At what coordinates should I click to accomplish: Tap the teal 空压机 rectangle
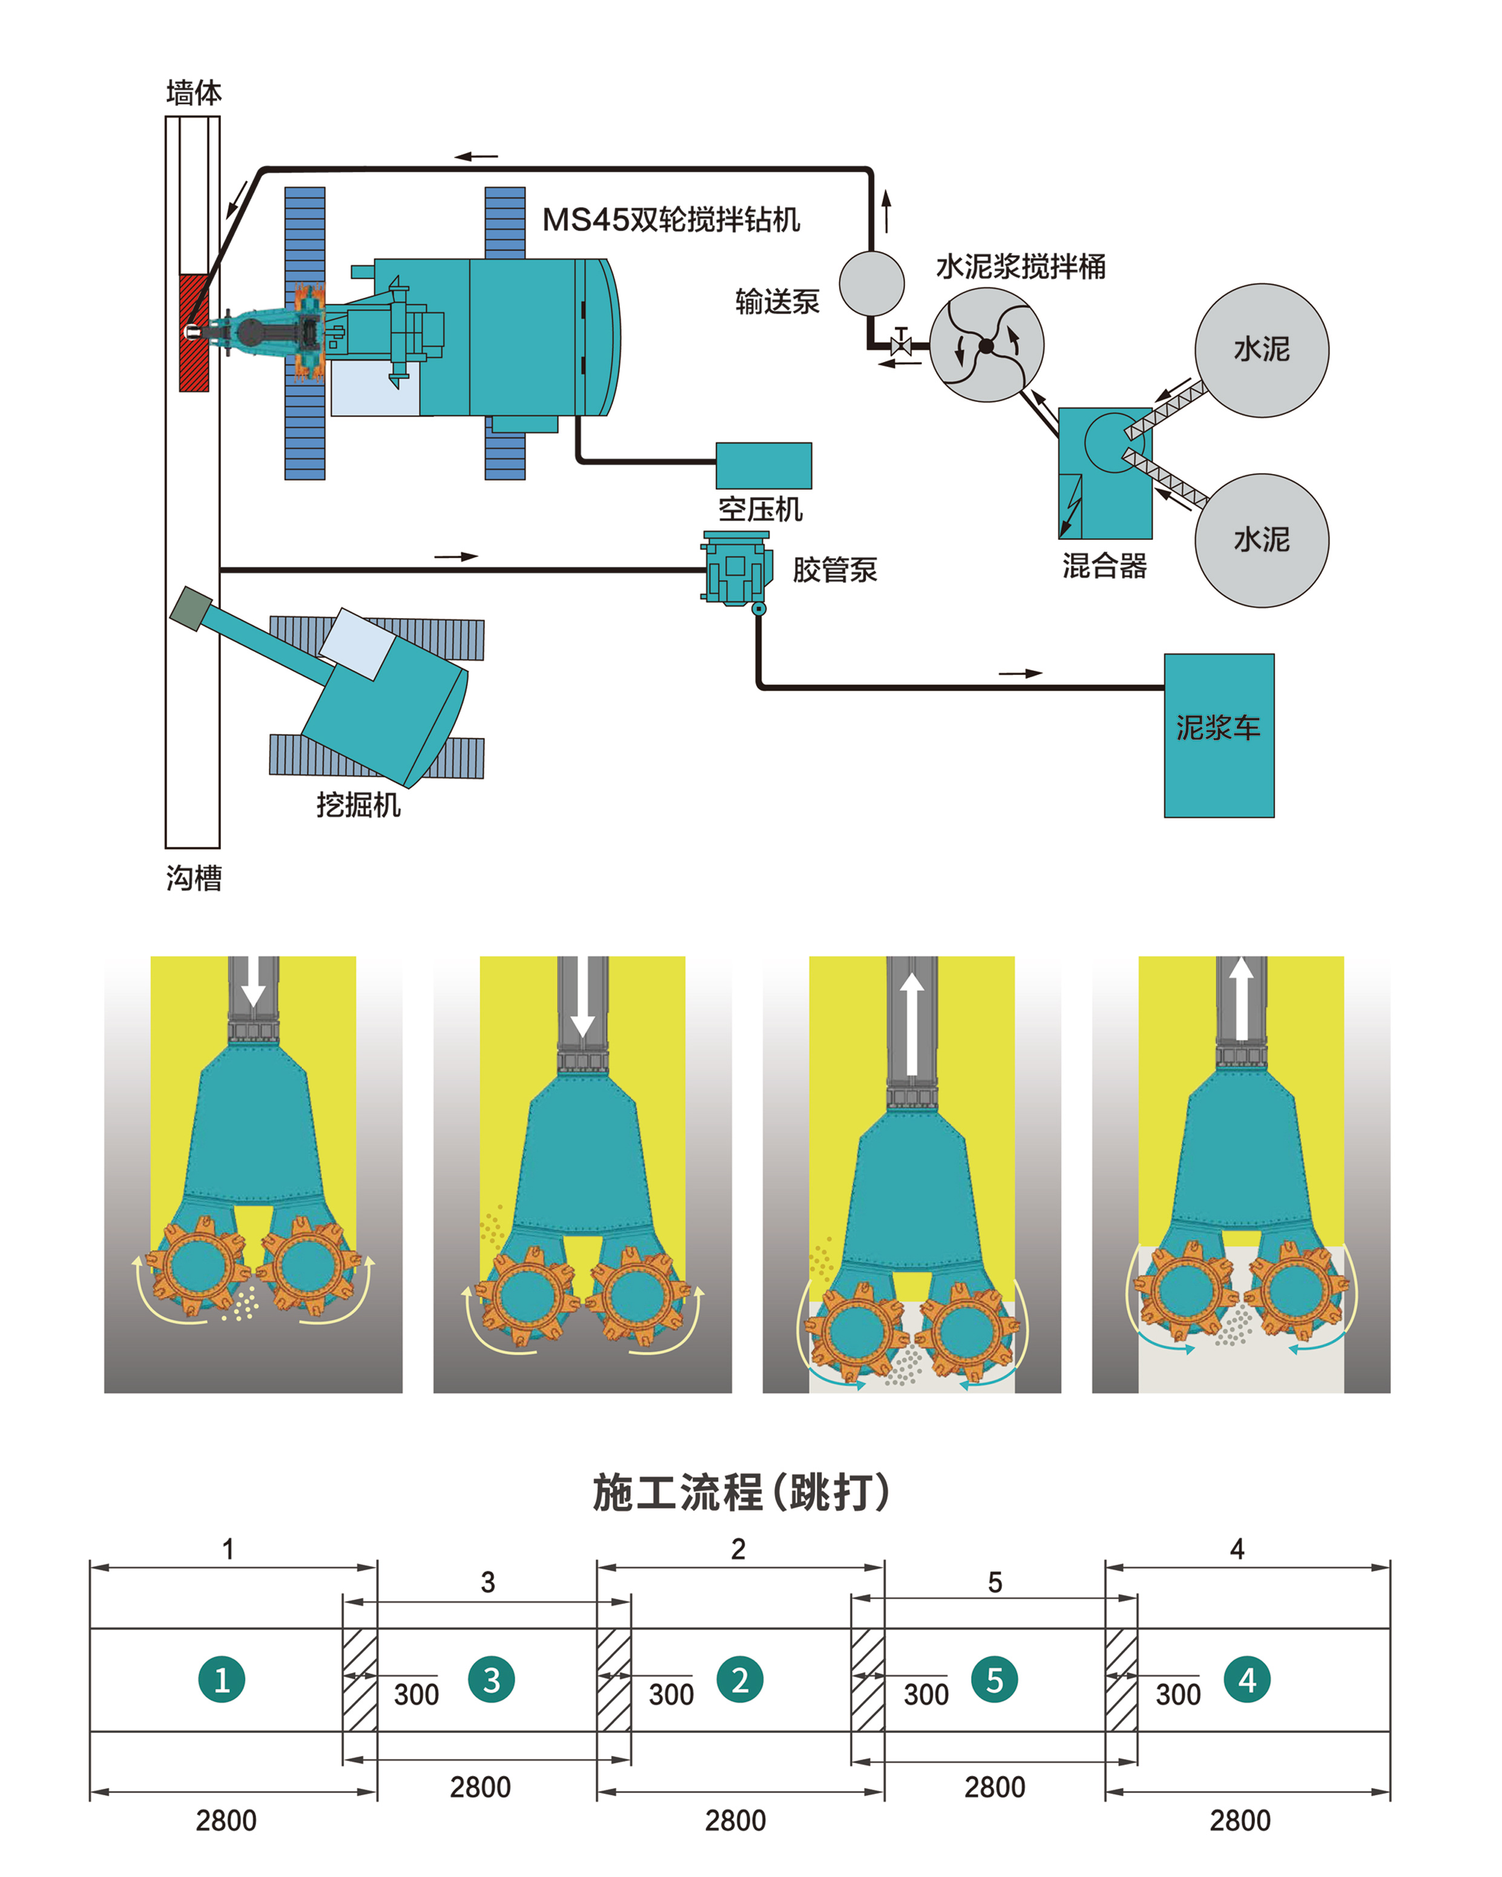[763, 465]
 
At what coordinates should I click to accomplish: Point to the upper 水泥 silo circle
[1261, 350]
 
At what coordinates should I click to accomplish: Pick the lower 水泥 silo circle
[1261, 540]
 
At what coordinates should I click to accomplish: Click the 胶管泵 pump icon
[736, 568]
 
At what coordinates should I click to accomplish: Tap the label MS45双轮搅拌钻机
[670, 219]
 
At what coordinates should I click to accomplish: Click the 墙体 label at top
[193, 92]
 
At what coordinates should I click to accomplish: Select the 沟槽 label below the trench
[193, 878]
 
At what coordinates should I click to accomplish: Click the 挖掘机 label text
[358, 804]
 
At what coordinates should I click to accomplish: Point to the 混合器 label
[1104, 566]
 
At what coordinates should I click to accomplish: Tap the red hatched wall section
[193, 332]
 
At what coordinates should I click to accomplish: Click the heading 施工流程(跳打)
[741, 1492]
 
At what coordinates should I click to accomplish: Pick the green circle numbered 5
[994, 1680]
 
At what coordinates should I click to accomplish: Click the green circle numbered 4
[1247, 1680]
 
